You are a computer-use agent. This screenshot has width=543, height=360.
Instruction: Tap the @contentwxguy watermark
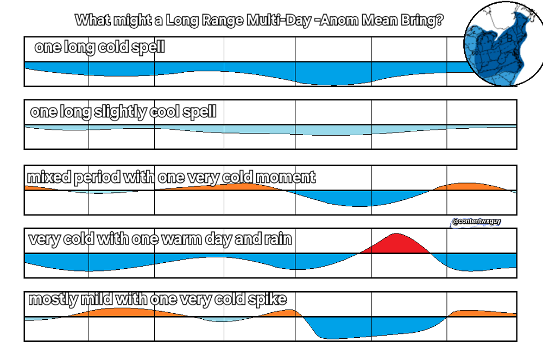(x=476, y=222)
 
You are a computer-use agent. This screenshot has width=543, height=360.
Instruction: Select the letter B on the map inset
(x=509, y=39)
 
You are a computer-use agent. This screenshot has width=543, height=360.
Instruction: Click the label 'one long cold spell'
(x=99, y=47)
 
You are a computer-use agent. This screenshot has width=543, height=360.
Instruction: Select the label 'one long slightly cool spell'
(x=123, y=112)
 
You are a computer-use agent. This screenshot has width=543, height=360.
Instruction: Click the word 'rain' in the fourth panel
(x=278, y=239)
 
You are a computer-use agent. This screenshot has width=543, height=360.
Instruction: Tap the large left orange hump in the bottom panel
(x=119, y=312)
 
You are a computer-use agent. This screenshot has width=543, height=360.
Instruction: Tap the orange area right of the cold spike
(x=481, y=313)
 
